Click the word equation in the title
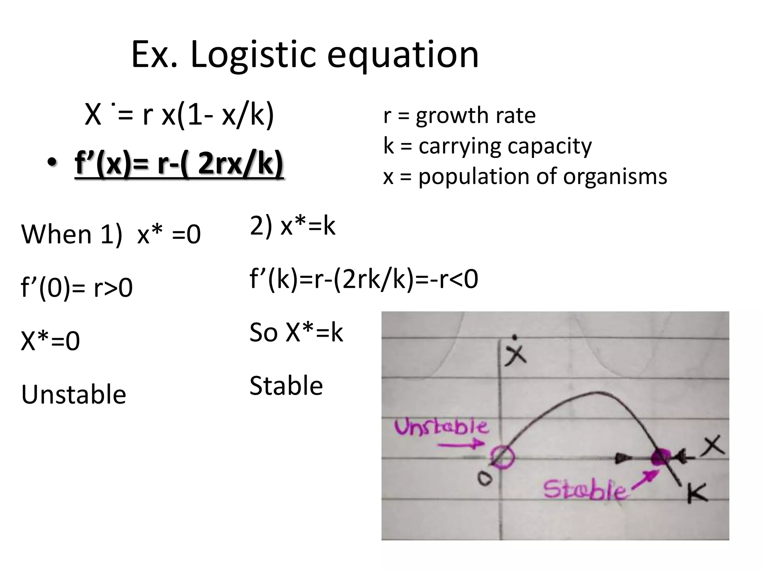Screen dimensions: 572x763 [x=403, y=55]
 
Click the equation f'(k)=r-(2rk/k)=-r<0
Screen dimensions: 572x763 [x=364, y=279]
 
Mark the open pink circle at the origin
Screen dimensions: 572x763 [x=502, y=457]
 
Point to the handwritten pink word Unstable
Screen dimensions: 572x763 [x=441, y=427]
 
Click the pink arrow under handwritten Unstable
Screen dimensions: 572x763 [x=460, y=444]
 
